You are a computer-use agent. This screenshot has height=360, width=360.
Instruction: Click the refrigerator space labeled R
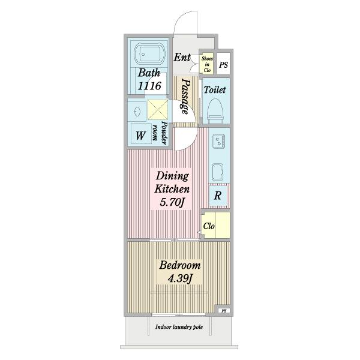(218, 196)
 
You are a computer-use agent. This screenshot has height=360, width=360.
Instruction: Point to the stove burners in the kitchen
(218, 141)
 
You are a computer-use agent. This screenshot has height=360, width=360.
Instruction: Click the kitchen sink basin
(217, 172)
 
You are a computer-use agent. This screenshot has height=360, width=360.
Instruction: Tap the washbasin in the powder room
(137, 112)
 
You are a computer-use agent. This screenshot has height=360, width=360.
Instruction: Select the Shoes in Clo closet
(207, 64)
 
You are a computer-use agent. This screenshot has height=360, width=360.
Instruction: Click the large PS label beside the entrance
(223, 65)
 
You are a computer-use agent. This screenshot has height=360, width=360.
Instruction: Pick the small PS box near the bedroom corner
(224, 311)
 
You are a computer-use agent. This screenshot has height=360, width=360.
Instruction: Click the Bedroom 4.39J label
(180, 272)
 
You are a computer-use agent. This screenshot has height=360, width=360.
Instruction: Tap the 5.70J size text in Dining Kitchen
(172, 203)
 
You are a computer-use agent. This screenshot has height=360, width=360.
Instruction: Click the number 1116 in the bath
(149, 86)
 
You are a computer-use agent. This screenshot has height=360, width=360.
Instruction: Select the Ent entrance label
(182, 58)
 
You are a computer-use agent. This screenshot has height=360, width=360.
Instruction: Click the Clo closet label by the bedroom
(209, 226)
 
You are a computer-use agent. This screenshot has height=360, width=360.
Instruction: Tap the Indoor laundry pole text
(179, 327)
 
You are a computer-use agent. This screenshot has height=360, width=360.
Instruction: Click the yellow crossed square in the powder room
(157, 110)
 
